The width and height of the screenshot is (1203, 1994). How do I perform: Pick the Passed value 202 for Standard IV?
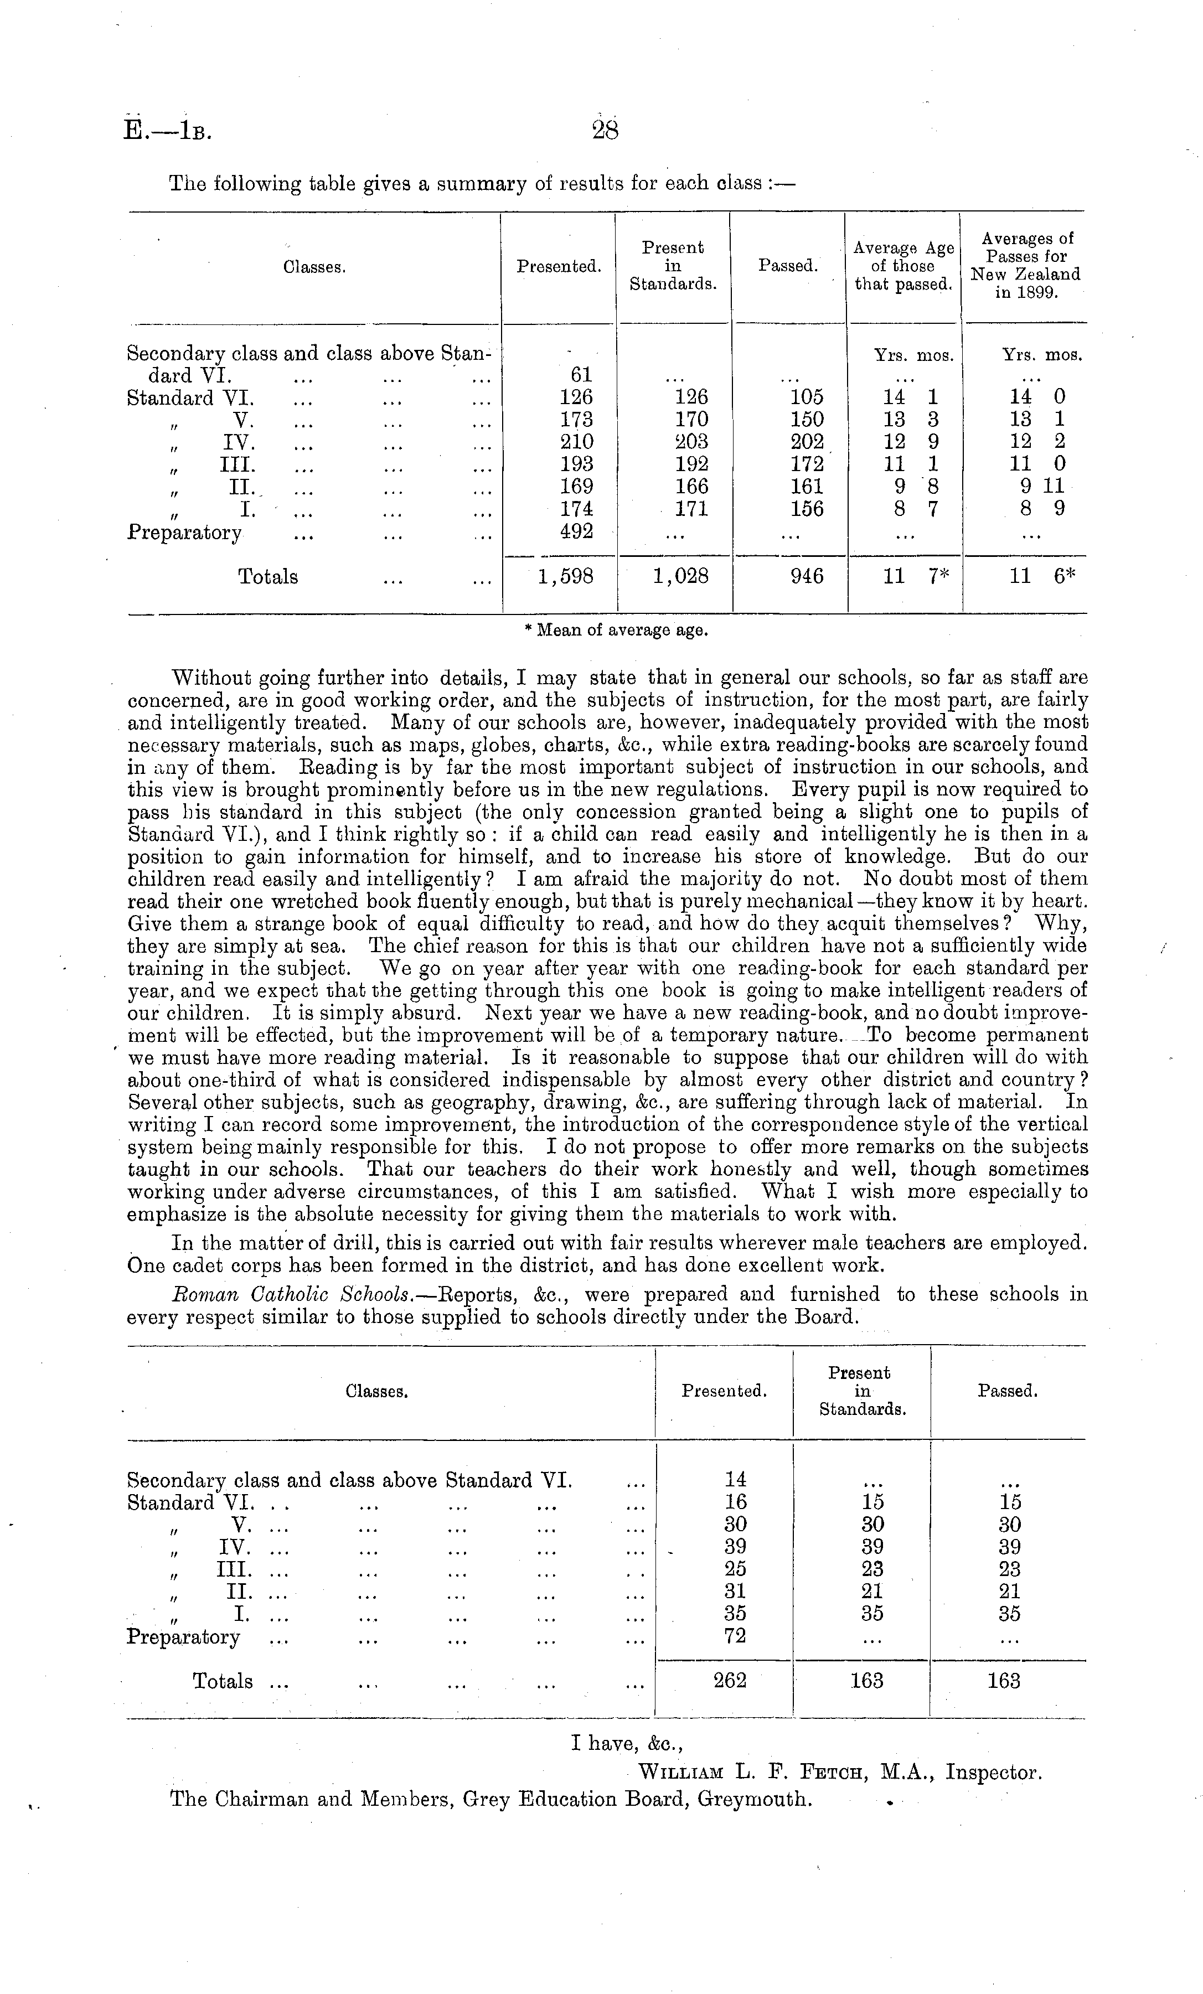point(806,442)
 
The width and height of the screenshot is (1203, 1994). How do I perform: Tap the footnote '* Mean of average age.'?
point(616,631)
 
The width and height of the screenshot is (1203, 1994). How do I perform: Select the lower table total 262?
point(730,1680)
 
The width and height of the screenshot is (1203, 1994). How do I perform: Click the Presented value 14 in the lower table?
point(734,1479)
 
